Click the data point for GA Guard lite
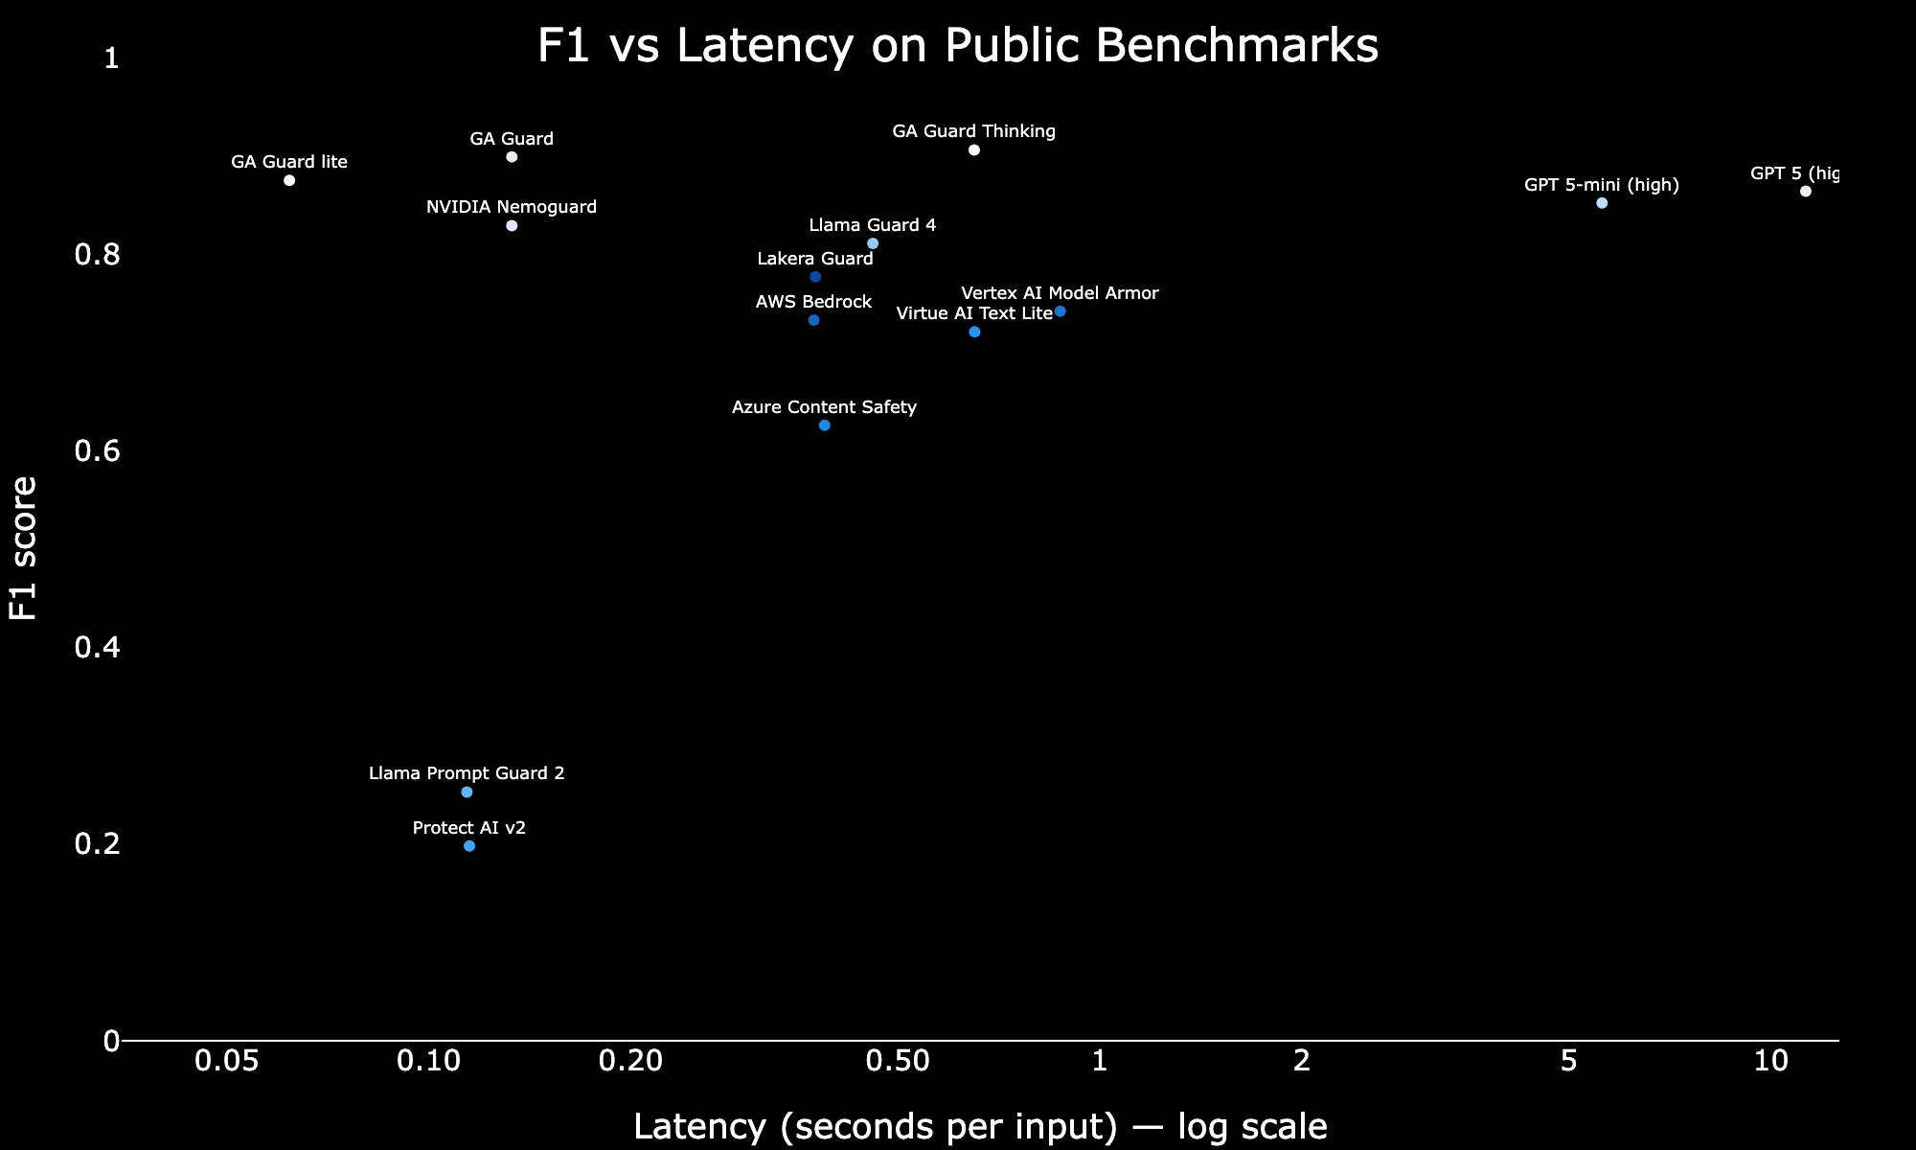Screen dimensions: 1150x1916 [x=289, y=181]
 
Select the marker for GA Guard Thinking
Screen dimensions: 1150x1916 [x=974, y=150]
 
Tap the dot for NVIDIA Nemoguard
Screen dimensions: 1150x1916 [x=512, y=226]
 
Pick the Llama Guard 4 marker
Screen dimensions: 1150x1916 [x=873, y=244]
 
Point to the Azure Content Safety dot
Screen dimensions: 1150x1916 [x=825, y=425]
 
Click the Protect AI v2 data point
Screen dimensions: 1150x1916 [x=469, y=846]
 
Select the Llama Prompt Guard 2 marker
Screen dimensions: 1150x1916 [x=467, y=793]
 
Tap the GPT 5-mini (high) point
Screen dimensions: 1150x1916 [x=1602, y=203]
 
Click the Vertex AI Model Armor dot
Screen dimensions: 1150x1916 [x=1061, y=312]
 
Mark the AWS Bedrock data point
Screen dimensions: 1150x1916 [x=814, y=320]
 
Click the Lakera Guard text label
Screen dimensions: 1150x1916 [x=815, y=259]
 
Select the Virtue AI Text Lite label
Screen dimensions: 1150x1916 [x=974, y=313]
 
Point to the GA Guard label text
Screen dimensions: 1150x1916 [x=512, y=139]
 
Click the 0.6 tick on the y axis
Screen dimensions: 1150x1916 [x=97, y=451]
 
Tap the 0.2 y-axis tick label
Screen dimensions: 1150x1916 [x=97, y=844]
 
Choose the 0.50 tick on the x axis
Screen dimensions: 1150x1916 [x=898, y=1061]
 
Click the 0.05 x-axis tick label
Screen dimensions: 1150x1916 [x=227, y=1061]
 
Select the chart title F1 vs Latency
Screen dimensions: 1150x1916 [x=958, y=46]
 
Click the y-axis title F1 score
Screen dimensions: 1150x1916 [x=23, y=548]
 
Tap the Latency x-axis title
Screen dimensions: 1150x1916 [x=980, y=1127]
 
